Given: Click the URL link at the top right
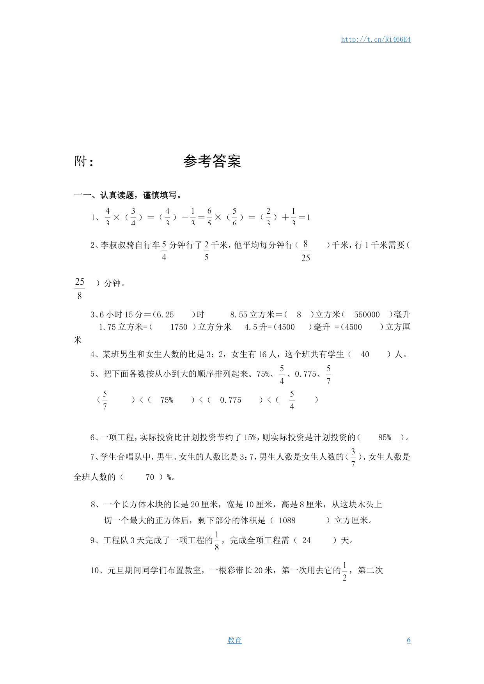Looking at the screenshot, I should pos(376,39).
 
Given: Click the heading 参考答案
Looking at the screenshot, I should pos(212,161).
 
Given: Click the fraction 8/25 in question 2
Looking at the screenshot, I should pos(305,251).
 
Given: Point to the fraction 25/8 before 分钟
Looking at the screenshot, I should pos(80,289).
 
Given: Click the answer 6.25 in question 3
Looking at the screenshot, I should pos(165,315).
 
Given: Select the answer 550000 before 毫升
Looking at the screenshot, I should pos(367,315).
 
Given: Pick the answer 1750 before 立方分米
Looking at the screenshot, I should pos(179,327).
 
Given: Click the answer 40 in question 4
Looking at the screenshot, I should pos(365,354).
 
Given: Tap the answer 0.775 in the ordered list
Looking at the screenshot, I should pos(230,400).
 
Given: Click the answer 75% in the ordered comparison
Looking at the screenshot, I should pos(167,400).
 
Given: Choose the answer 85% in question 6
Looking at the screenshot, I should pos(385,438).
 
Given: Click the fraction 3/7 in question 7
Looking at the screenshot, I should pos(353,458).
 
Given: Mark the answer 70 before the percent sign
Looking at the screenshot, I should pos(150,477).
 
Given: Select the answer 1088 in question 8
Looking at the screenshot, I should pos(287,521).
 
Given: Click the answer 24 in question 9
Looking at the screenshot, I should pos(306,540).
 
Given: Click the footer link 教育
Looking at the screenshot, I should pos(234,640).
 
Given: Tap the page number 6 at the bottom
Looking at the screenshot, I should pos(408,640).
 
